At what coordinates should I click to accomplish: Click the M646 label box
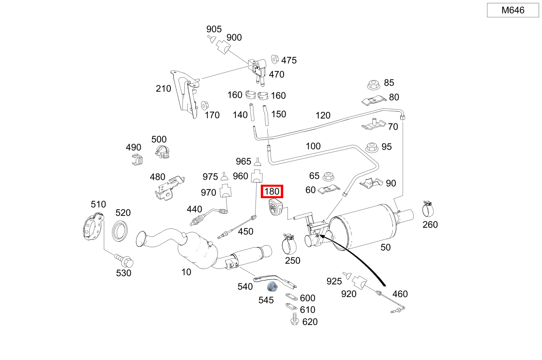point(513,10)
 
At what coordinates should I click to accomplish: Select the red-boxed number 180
point(272,191)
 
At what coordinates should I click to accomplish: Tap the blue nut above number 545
point(272,287)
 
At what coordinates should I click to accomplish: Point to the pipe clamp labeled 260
point(428,209)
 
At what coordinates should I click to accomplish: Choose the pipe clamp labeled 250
point(289,244)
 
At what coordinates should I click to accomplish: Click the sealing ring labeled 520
point(120,231)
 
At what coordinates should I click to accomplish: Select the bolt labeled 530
point(124,260)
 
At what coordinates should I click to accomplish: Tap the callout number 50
point(385,247)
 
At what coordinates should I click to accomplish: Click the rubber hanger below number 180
point(276,207)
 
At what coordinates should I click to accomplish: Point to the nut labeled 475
point(275,59)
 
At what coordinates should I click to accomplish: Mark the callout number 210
point(163,89)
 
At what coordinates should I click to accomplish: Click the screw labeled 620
point(295,319)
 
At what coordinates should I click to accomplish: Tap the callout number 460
point(400,294)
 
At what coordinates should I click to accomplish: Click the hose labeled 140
point(252,112)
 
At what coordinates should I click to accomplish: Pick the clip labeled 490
point(137,160)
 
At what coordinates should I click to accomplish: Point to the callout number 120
point(323,115)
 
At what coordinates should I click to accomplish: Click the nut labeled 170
point(205,105)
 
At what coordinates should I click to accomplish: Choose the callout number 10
point(186,272)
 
